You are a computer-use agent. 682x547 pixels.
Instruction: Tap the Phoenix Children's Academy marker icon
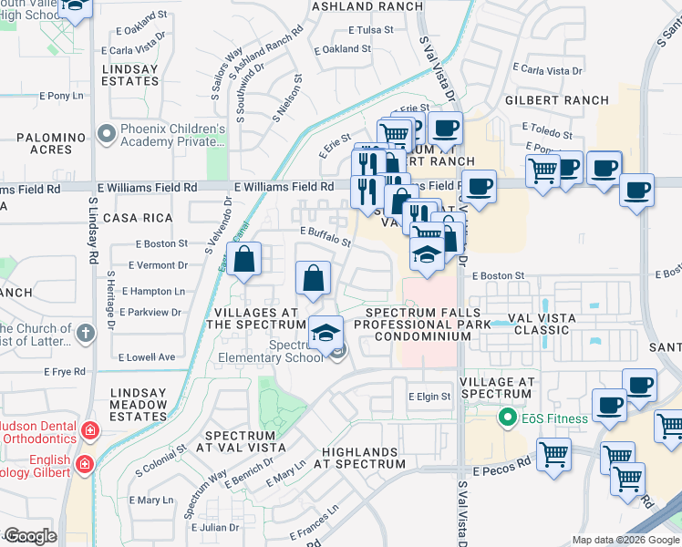pyautogui.click(x=107, y=135)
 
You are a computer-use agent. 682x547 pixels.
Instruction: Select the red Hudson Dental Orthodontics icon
pyautogui.click(x=89, y=429)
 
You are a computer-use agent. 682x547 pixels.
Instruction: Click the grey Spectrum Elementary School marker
pyautogui.click(x=338, y=351)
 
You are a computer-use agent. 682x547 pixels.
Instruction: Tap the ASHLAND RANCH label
pyautogui.click(x=367, y=6)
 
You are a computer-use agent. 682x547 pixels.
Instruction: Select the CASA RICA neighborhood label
pyautogui.click(x=138, y=218)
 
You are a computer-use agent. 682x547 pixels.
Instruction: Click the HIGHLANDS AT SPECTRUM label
pyautogui.click(x=359, y=458)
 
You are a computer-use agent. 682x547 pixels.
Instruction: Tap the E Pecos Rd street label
pyautogui.click(x=493, y=462)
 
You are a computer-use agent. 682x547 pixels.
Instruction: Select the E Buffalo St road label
pyautogui.click(x=325, y=238)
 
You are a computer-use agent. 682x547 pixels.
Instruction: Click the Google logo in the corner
pyautogui.click(x=30, y=536)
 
